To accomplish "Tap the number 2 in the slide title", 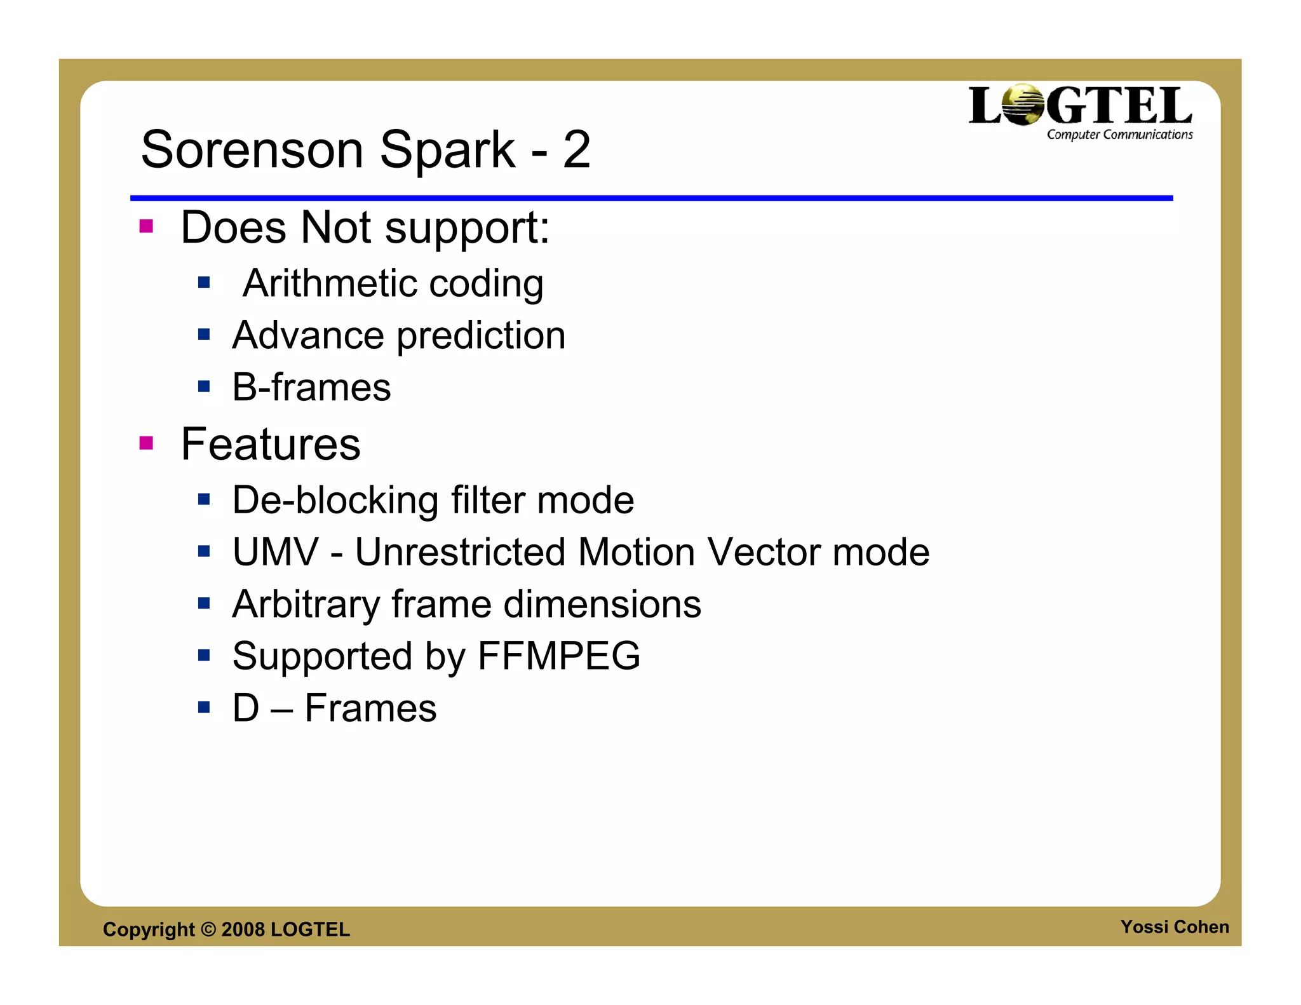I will coord(576,150).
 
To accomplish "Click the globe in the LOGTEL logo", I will coord(1023,105).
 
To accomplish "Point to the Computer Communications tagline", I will coord(1119,135).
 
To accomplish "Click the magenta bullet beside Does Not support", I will coord(146,226).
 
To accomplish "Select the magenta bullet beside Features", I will coord(146,443).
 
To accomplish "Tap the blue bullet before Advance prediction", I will coord(203,334).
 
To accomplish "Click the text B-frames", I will coord(311,388).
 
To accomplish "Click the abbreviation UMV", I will coord(275,552).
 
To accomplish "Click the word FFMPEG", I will coord(558,656).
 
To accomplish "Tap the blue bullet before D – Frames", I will coord(203,707).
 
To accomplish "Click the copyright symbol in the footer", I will coord(208,929).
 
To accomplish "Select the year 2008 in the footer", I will coord(243,929).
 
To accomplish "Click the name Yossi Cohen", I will coord(1174,927).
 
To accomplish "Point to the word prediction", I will coord(481,335).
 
